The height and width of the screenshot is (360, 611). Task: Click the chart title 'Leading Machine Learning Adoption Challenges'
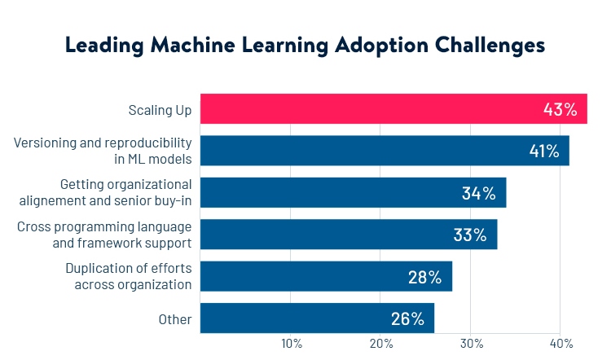pyautogui.click(x=305, y=46)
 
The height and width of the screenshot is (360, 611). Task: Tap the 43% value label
pyautogui.click(x=560, y=109)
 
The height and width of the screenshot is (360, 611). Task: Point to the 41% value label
pyautogui.click(x=543, y=151)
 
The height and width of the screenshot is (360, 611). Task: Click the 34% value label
pyautogui.click(x=478, y=193)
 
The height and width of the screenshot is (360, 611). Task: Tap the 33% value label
pyautogui.click(x=469, y=235)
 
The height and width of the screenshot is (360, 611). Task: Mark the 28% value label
pyautogui.click(x=424, y=277)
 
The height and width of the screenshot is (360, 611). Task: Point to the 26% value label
pyautogui.click(x=407, y=318)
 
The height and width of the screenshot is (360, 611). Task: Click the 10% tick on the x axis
pyautogui.click(x=292, y=344)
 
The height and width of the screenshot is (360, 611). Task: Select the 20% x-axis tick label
pyautogui.click(x=381, y=344)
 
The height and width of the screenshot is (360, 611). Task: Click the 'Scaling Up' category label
pyautogui.click(x=160, y=109)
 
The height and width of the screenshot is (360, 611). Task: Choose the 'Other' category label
pyautogui.click(x=175, y=319)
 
